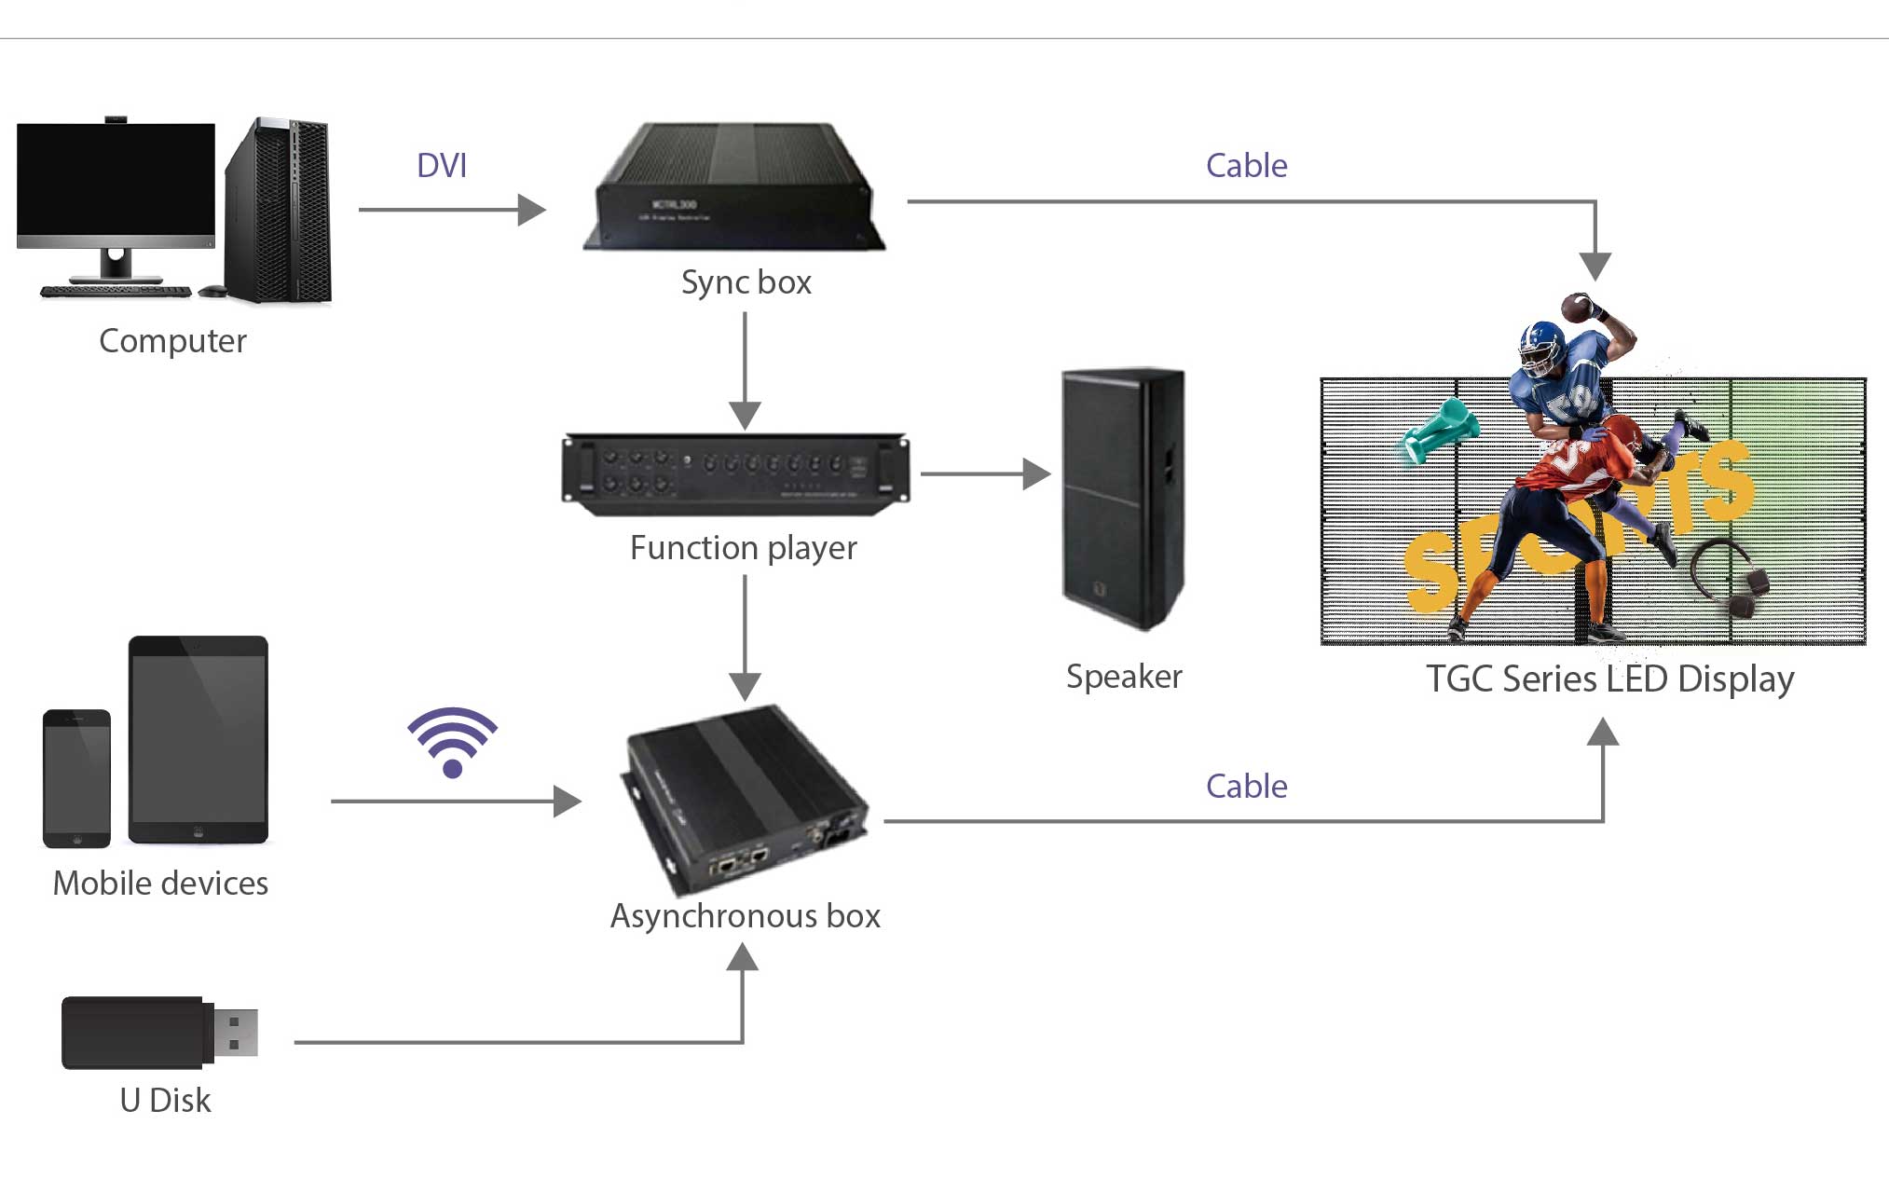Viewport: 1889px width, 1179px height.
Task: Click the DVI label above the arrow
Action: click(442, 166)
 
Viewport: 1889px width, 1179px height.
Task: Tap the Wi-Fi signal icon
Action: click(452, 741)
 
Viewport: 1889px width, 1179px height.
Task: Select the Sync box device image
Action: click(733, 189)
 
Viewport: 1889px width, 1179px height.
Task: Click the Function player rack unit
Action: click(734, 473)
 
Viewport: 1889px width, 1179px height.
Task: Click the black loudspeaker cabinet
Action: click(1123, 498)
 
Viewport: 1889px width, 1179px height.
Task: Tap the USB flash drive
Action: click(158, 1033)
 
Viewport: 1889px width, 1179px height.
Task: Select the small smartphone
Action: click(76, 778)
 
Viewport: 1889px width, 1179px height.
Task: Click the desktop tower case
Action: click(279, 212)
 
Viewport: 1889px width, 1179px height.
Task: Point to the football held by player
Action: click(1578, 307)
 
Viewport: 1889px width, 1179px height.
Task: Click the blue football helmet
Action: click(1542, 347)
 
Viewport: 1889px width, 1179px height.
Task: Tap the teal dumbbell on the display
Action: click(1440, 430)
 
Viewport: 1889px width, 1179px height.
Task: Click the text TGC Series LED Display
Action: click(1609, 679)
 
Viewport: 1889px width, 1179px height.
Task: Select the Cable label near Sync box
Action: click(1246, 166)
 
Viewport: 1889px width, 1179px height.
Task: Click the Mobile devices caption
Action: click(160, 884)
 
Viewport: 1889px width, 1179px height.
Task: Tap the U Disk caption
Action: click(165, 1101)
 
